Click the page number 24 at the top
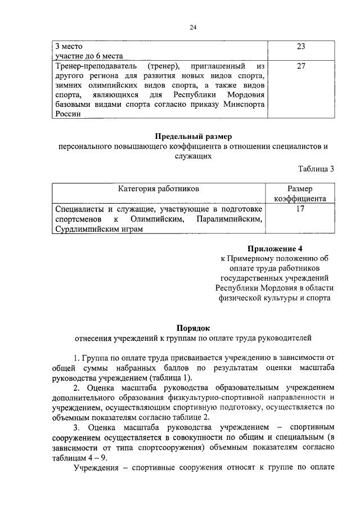193,28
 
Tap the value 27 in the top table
300,66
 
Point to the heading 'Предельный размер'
193,137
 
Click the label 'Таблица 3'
316,168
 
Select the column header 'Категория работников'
159,189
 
